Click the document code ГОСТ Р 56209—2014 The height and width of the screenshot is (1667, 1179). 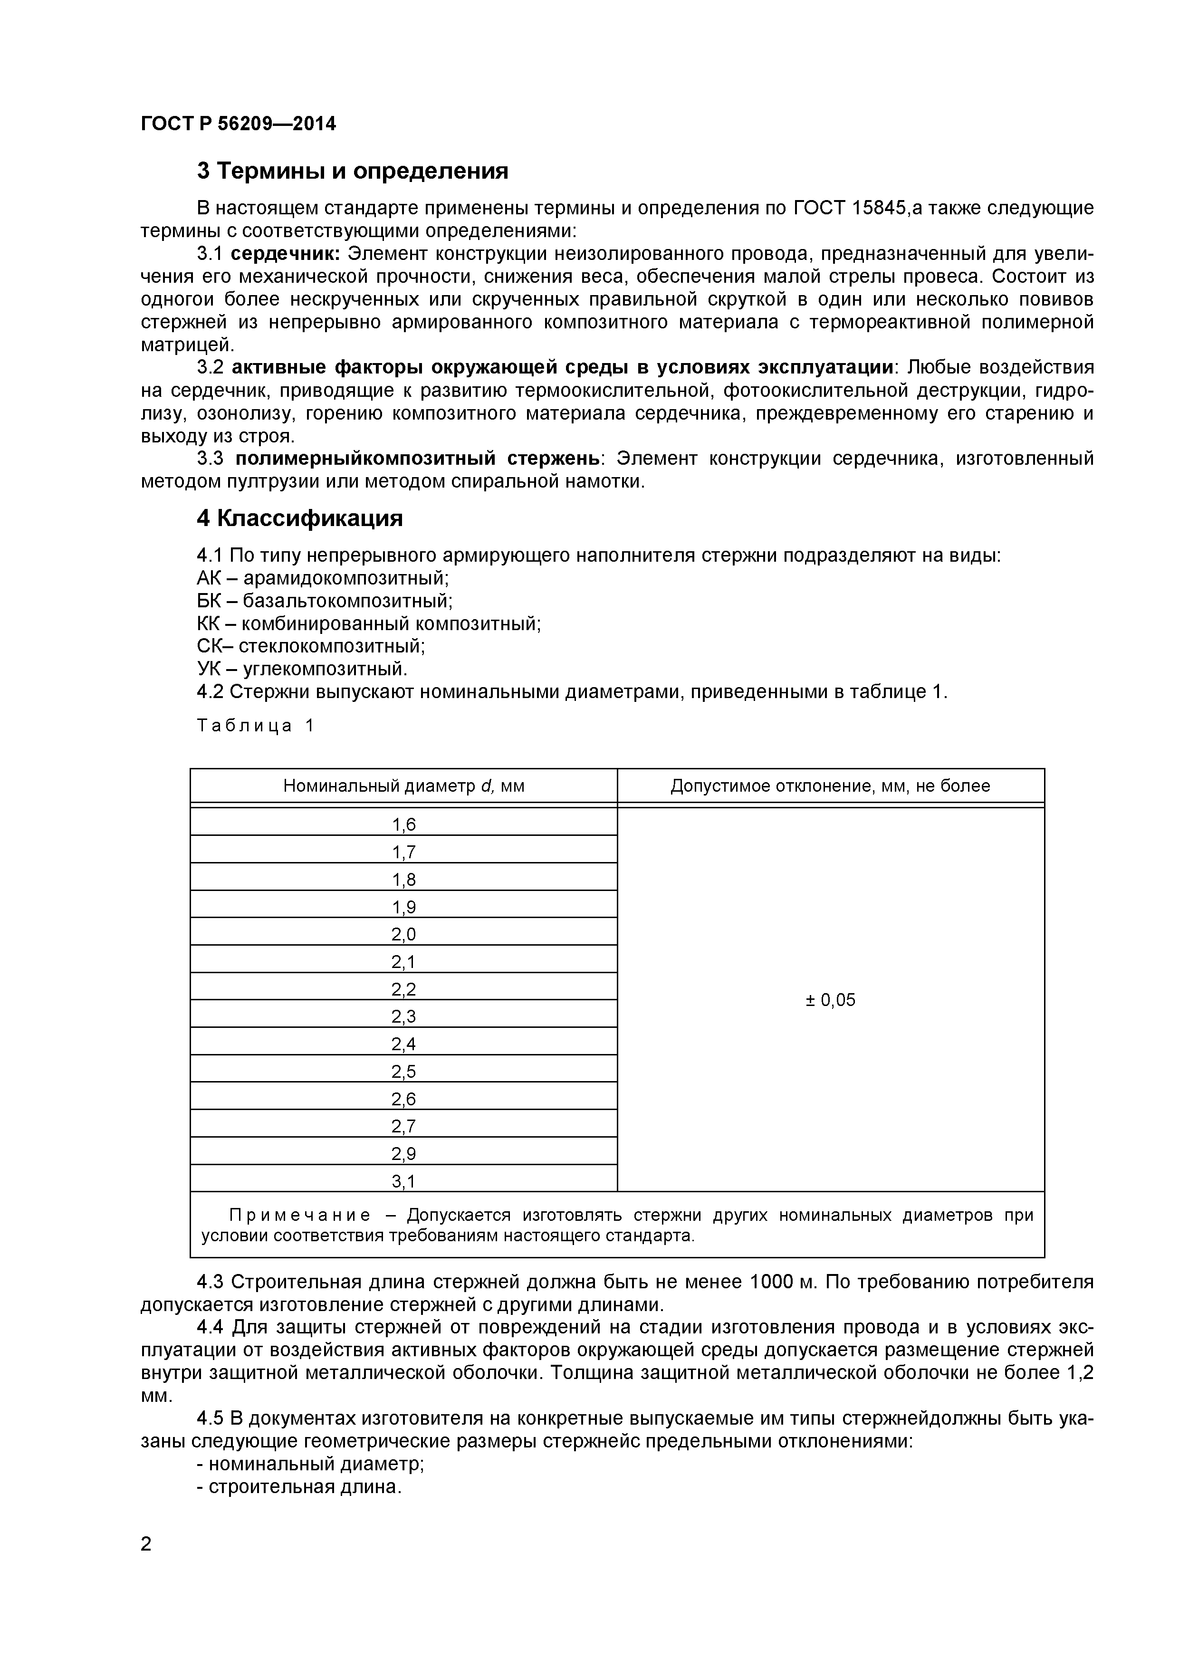click(x=238, y=124)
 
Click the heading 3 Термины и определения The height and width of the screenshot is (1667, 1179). click(x=353, y=172)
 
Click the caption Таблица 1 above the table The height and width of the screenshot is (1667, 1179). click(x=256, y=726)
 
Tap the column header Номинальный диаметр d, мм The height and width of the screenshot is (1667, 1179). click(x=403, y=786)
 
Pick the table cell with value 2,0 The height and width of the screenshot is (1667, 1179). click(x=403, y=934)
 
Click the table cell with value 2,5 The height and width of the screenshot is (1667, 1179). click(x=403, y=1072)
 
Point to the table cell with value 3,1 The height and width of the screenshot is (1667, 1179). click(x=403, y=1182)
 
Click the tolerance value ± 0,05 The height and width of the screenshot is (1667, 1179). click(x=831, y=1000)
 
